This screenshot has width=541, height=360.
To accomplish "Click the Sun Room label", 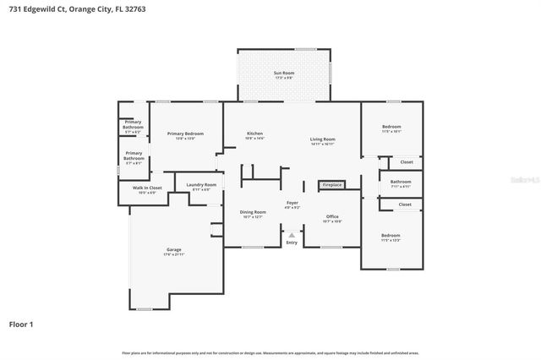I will [283, 74].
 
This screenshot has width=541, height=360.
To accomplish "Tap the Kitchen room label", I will [254, 135].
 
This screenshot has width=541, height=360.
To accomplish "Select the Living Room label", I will [322, 141].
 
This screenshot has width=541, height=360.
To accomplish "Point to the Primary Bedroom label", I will [185, 135].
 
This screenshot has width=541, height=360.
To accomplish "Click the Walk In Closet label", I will [147, 189].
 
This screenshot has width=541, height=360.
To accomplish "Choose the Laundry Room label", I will [200, 186].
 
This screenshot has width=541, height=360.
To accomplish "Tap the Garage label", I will [173, 252].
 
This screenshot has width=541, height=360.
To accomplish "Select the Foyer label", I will [292, 205].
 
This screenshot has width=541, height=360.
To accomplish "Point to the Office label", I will [332, 219].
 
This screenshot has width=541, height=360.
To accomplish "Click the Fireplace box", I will [331, 184].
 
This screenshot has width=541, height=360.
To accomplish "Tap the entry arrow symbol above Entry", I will [292, 235].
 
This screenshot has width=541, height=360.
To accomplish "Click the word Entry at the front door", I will [292, 243].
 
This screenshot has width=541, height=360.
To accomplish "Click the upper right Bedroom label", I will [391, 129].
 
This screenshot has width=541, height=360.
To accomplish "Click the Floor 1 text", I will [21, 324].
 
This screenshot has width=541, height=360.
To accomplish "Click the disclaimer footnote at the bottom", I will [270, 352].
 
